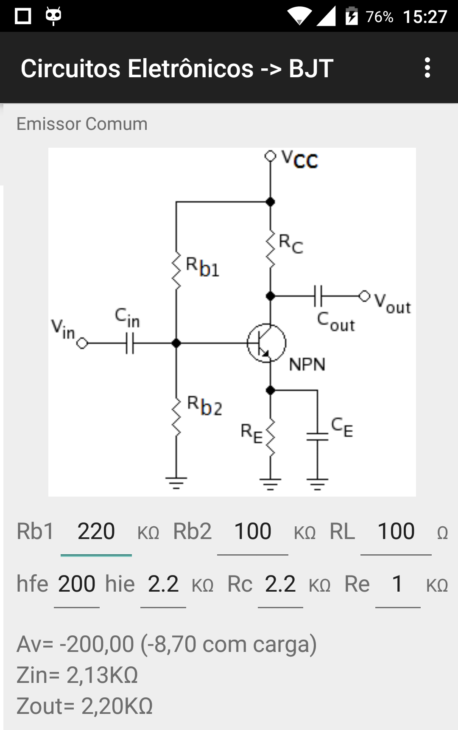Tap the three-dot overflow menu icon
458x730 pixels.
point(427,68)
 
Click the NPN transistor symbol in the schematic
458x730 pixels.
point(267,343)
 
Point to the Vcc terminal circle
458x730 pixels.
point(270,156)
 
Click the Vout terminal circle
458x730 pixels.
point(364,296)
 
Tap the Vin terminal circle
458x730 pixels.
point(82,343)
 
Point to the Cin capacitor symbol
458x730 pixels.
point(130,343)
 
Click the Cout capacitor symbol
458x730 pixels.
point(318,296)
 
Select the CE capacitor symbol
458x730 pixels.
point(317,437)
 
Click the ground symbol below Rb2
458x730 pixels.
point(176,483)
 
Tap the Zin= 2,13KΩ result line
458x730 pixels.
point(77,675)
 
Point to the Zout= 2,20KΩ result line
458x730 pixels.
point(84,706)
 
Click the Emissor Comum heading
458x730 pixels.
point(82,124)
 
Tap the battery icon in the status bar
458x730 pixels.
point(352,16)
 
